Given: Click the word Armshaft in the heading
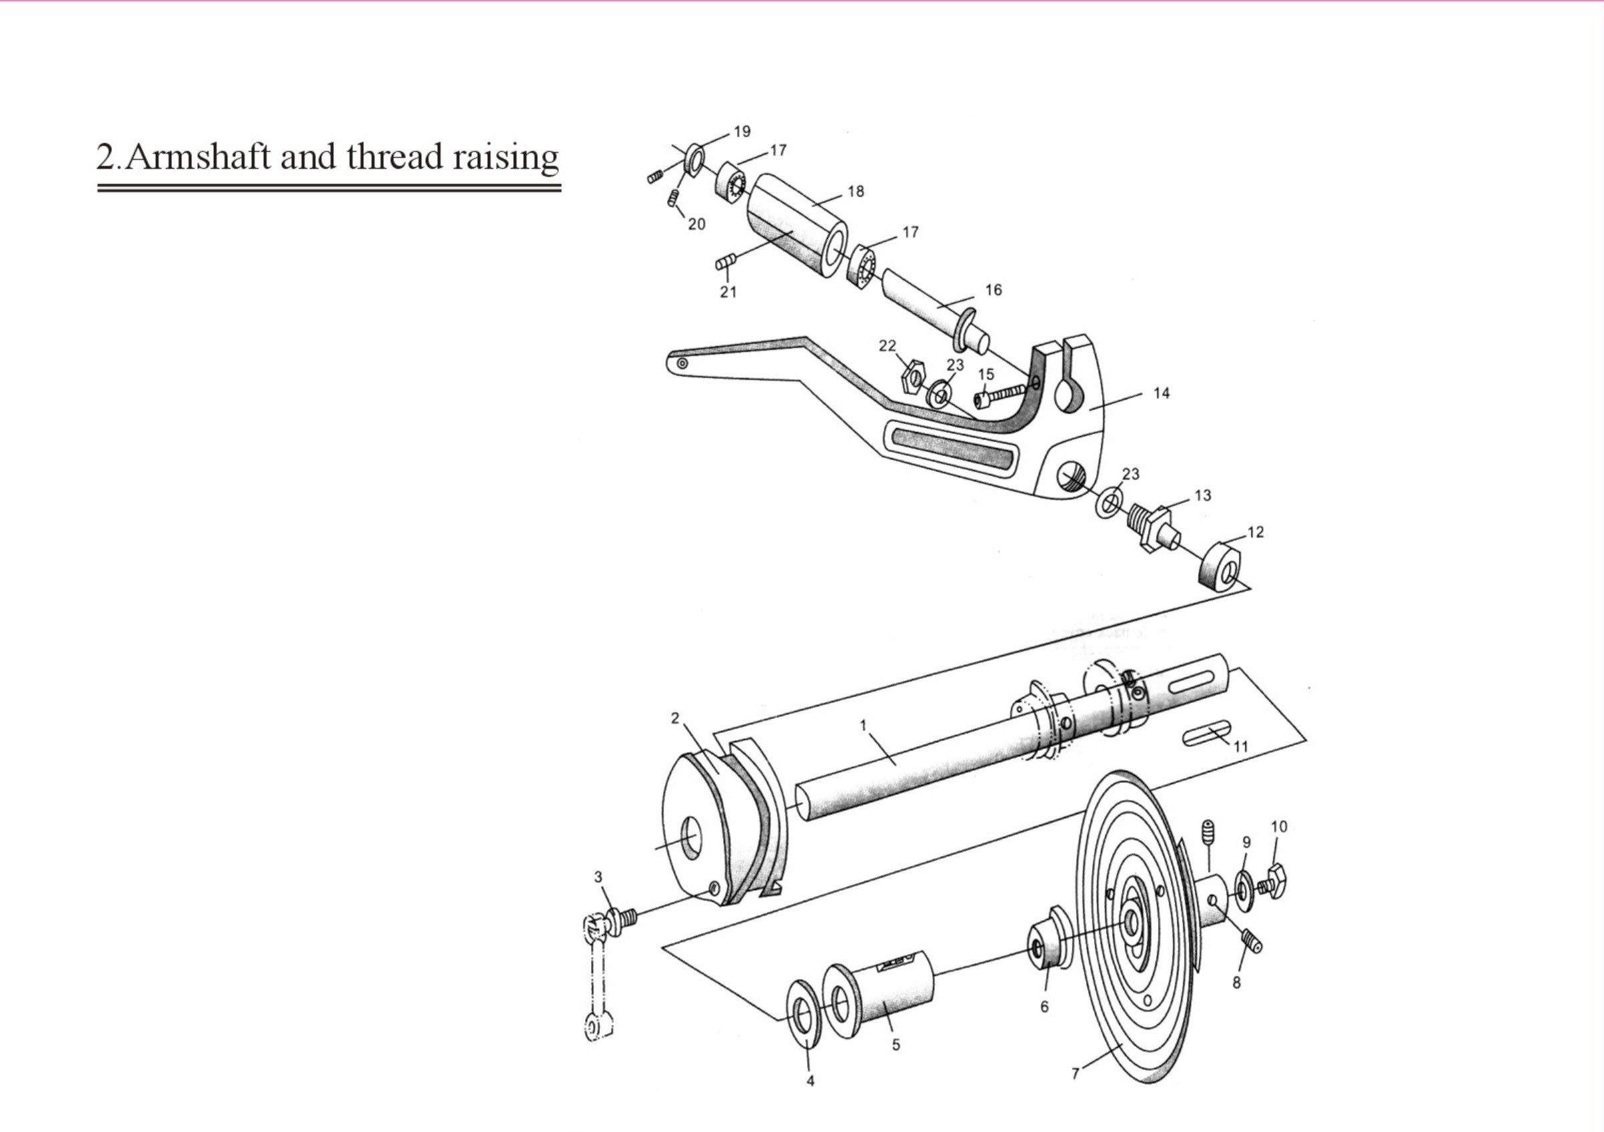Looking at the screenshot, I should point(198,157).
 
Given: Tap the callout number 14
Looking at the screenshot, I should point(1161,393).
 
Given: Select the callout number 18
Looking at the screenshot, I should point(856,191).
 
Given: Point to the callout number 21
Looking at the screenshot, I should point(728,292).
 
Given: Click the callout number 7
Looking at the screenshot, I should point(1076,1073).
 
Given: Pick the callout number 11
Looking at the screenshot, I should point(1240,746).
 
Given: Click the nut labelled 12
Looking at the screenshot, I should point(1218,566).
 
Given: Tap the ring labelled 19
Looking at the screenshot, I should point(696,158).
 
